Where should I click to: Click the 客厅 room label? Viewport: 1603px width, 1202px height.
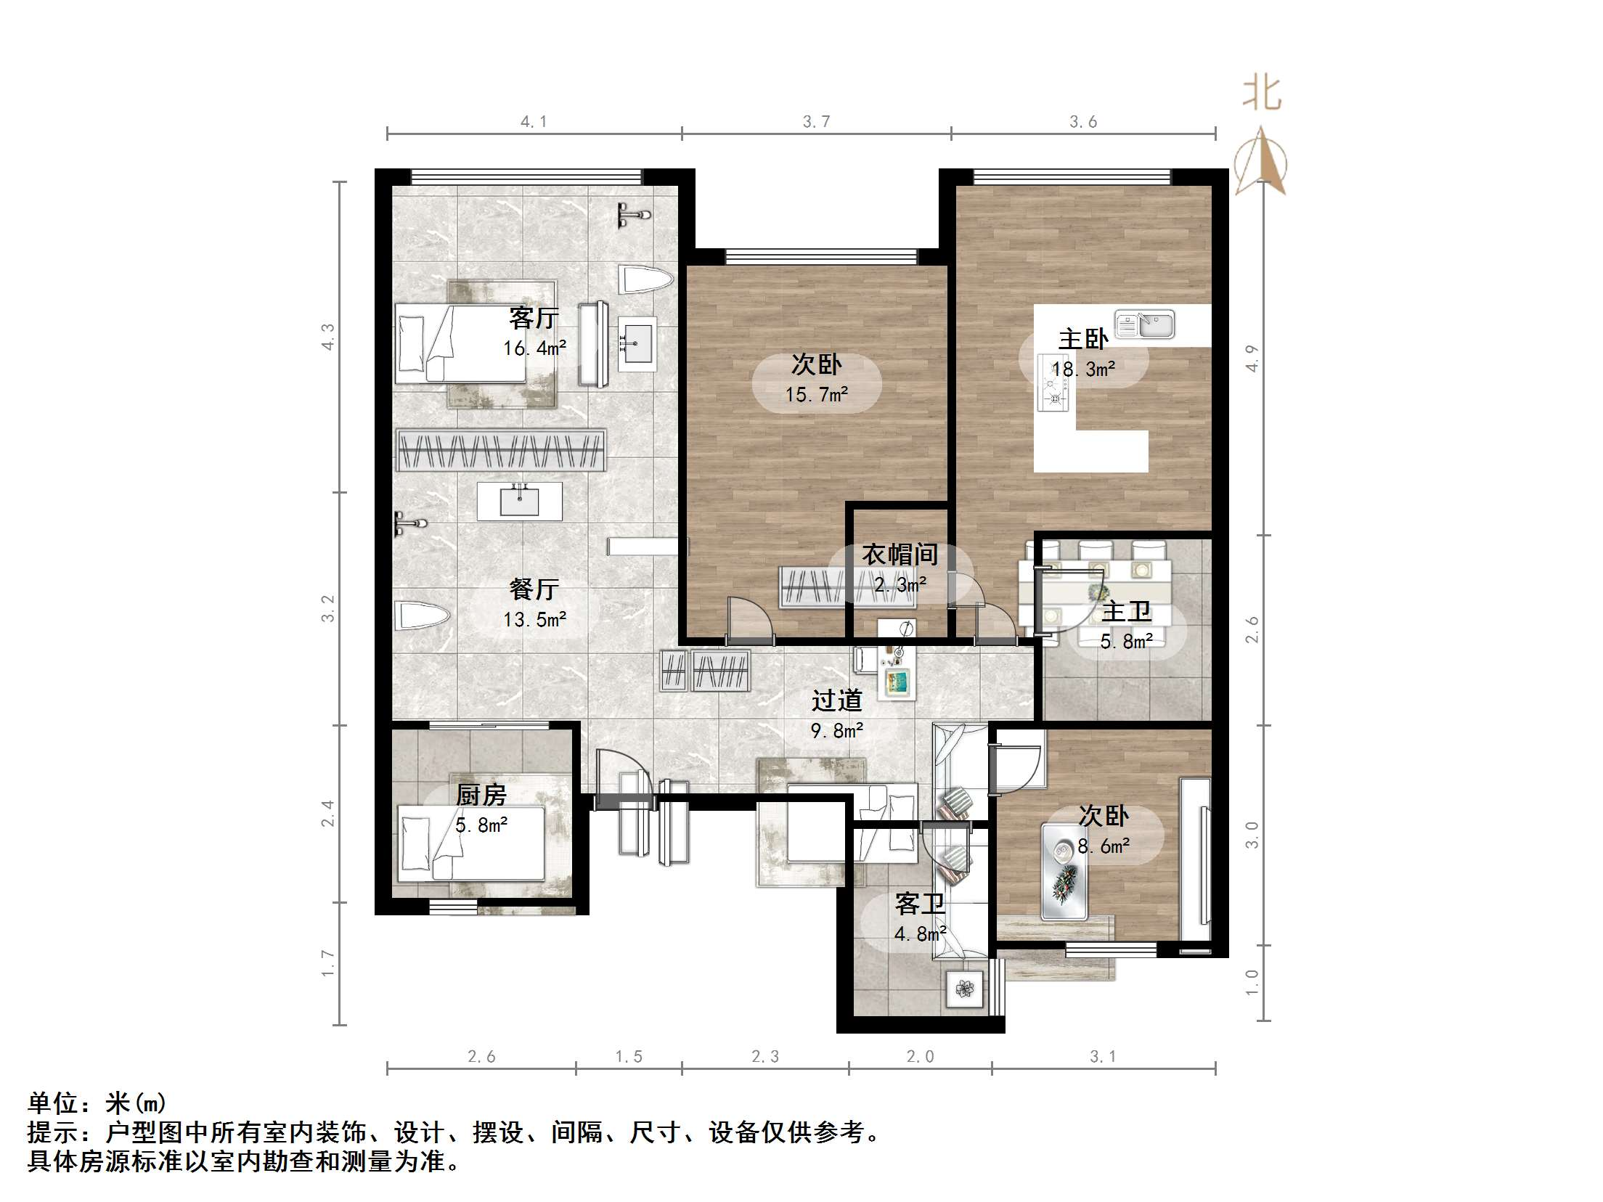pyautogui.click(x=534, y=318)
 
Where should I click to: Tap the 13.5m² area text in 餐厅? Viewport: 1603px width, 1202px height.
pyautogui.click(x=534, y=619)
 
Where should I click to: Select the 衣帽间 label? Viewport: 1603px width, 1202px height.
pyautogui.click(x=900, y=555)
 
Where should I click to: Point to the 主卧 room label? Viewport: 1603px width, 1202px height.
pyautogui.click(x=1083, y=339)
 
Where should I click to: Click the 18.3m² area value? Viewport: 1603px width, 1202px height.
pyautogui.click(x=1083, y=369)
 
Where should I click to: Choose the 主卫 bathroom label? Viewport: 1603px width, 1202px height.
pyautogui.click(x=1126, y=612)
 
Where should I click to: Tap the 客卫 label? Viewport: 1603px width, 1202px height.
pyautogui.click(x=920, y=904)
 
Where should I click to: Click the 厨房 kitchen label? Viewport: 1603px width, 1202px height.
pyautogui.click(x=481, y=795)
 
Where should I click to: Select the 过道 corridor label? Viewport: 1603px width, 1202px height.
pyautogui.click(x=836, y=700)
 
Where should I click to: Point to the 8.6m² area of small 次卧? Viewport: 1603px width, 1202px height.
pyautogui.click(x=1103, y=846)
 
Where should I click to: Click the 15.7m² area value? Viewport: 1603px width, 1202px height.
pyautogui.click(x=816, y=395)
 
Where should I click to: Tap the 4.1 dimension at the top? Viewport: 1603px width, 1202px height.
pyautogui.click(x=534, y=122)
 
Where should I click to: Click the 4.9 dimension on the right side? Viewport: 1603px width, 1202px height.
pyautogui.click(x=1252, y=358)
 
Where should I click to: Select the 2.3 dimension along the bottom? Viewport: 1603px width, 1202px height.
pyautogui.click(x=765, y=1057)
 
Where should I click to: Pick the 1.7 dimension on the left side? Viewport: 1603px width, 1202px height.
pyautogui.click(x=328, y=963)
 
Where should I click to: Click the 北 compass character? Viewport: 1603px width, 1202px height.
pyautogui.click(x=1262, y=95)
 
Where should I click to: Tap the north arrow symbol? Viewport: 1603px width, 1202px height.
pyautogui.click(x=1261, y=162)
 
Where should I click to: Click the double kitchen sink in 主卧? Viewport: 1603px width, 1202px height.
pyautogui.click(x=1145, y=324)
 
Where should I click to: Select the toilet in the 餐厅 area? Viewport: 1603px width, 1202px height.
pyautogui.click(x=422, y=616)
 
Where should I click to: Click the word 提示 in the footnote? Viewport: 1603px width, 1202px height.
pyautogui.click(x=53, y=1132)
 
